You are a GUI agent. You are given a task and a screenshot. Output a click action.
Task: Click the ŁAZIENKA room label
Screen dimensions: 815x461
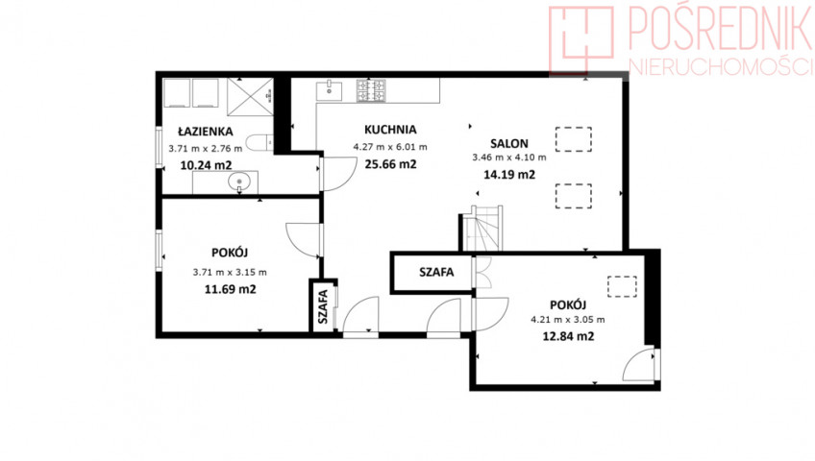206,132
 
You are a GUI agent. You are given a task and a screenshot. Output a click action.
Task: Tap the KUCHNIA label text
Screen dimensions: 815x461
390,130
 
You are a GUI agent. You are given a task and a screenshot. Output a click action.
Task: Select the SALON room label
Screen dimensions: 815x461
509,143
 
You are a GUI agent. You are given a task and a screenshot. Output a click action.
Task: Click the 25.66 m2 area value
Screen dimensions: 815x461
390,164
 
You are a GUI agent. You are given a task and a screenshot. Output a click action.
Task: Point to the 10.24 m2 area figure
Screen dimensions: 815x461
206,165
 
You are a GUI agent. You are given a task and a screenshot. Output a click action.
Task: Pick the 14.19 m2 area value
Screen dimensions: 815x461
509,175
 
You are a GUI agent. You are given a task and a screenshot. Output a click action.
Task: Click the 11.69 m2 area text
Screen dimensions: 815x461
231,289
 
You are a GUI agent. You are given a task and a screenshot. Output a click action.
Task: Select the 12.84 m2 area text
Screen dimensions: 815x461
568,336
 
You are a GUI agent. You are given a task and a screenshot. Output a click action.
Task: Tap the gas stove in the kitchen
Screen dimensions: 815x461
371,90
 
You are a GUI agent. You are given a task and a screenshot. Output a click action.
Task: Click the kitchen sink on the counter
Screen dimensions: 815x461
330,90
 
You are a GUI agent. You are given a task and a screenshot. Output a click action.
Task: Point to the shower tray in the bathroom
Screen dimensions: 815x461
250,97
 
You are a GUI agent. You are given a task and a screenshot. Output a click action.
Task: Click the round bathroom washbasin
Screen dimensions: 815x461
239,182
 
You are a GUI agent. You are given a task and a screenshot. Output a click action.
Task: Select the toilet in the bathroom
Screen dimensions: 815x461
259,143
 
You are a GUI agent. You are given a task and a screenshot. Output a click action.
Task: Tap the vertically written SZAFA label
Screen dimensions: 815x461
323,306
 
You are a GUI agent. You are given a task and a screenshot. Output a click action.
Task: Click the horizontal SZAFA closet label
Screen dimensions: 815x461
436,272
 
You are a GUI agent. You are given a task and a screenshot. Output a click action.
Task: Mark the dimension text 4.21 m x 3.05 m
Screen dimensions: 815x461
568,320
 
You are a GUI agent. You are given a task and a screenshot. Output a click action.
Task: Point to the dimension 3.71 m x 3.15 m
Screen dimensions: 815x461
230,272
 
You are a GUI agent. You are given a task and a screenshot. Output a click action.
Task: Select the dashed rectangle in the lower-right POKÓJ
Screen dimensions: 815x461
622,286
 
